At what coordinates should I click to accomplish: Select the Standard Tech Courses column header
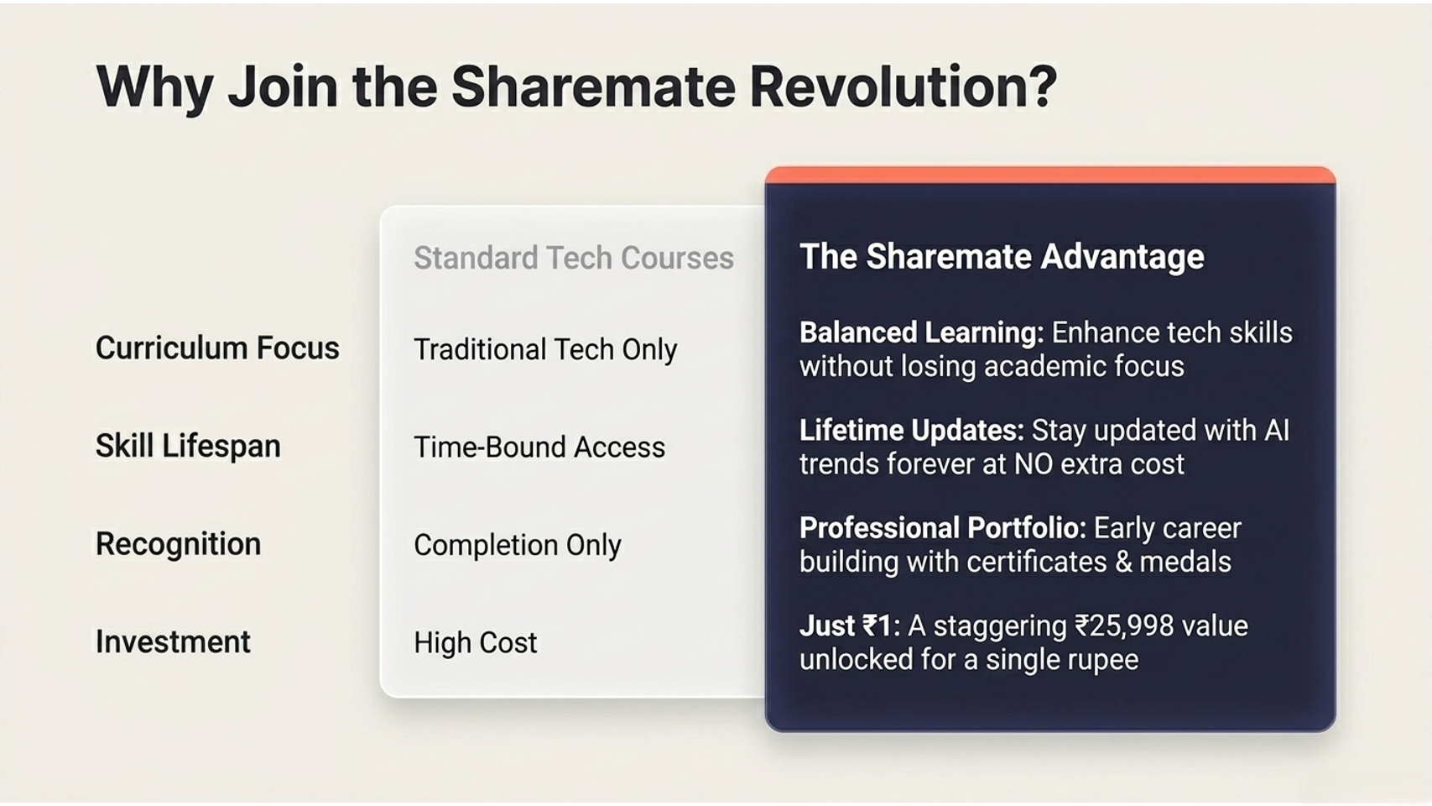click(x=574, y=258)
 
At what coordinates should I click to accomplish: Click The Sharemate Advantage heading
click(x=1002, y=257)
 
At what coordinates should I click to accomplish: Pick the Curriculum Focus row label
click(x=217, y=348)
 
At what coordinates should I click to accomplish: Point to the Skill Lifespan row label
click(x=188, y=446)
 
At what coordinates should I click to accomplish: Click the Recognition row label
click(x=179, y=544)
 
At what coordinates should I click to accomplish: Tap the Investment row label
click(x=173, y=641)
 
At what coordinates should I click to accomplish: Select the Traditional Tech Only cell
click(x=545, y=350)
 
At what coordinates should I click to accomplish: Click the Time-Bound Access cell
click(x=539, y=447)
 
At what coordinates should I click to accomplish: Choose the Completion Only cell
click(x=518, y=545)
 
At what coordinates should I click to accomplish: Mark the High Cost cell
click(x=476, y=642)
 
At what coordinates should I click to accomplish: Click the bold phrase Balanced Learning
click(x=921, y=333)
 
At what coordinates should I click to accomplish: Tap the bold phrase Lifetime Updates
click(x=912, y=431)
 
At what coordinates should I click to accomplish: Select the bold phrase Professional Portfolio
click(x=943, y=528)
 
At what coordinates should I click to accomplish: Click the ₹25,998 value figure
click(x=1124, y=626)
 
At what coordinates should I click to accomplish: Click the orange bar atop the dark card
click(x=1050, y=175)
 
